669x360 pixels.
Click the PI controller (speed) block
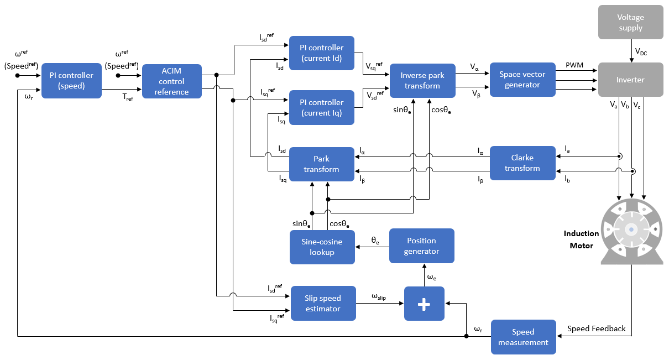tap(71, 81)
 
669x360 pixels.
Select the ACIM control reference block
tap(171, 81)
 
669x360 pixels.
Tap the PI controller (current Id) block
tap(322, 53)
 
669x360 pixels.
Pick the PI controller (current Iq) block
tap(322, 108)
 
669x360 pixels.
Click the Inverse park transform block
tap(422, 81)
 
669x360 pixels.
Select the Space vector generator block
tap(522, 80)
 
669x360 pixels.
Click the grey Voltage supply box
tap(630, 23)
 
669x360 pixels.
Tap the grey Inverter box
tap(630, 80)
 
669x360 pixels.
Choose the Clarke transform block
tap(522, 163)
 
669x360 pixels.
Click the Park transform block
tap(321, 164)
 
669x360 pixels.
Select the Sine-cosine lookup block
tap(322, 247)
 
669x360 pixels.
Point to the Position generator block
tap(421, 246)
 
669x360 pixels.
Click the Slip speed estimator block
tap(323, 304)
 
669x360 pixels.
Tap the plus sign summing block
tap(424, 304)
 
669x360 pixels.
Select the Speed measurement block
tap(523, 337)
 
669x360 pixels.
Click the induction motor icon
tap(631, 229)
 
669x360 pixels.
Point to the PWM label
tap(574, 65)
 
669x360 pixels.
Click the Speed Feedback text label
tap(596, 328)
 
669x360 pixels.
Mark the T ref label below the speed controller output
tap(127, 97)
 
